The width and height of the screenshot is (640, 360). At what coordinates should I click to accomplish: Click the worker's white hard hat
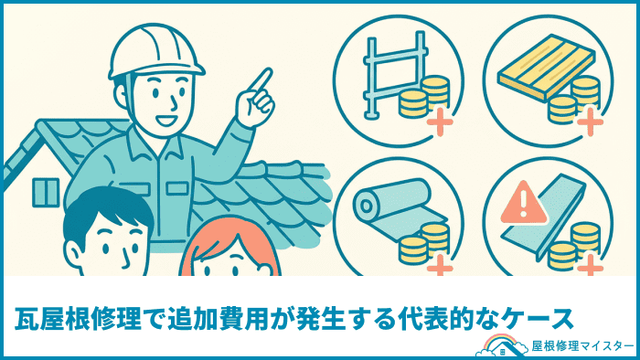pyautogui.click(x=156, y=52)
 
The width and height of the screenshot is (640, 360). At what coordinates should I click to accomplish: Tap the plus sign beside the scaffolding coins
pyautogui.click(x=440, y=122)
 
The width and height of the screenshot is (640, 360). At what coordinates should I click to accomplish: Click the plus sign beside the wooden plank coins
pyautogui.click(x=590, y=122)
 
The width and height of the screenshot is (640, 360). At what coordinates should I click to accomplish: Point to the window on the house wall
pyautogui.click(x=46, y=192)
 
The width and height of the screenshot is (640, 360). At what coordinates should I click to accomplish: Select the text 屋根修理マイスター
pyautogui.click(x=582, y=346)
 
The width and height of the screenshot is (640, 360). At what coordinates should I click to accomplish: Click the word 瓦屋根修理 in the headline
pyautogui.click(x=78, y=318)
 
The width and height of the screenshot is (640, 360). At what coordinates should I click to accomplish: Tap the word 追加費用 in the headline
pyautogui.click(x=218, y=318)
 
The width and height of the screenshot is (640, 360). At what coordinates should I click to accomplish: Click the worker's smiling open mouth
pyautogui.click(x=166, y=121)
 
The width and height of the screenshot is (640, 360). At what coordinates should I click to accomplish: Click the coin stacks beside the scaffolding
pyautogui.click(x=424, y=97)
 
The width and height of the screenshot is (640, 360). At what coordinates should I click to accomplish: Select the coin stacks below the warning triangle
pyautogui.click(x=574, y=246)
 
